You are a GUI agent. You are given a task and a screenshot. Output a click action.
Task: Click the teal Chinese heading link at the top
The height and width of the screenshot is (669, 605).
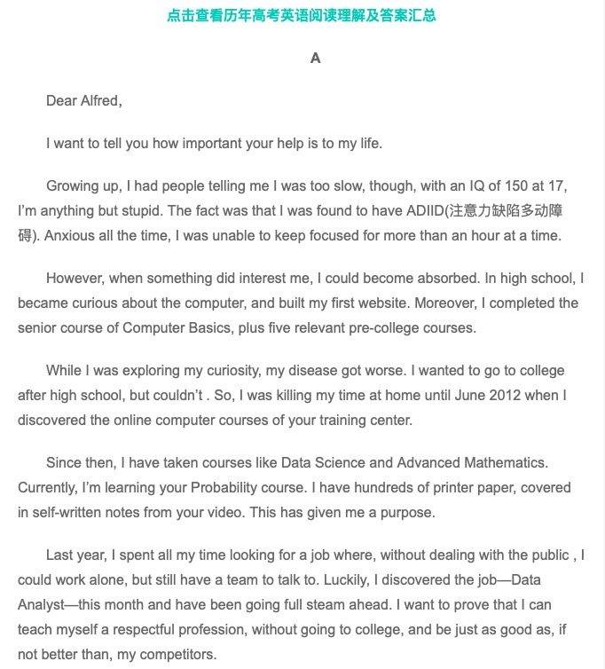(302, 15)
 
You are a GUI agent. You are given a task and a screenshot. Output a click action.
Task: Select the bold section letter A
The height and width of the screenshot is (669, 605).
(315, 59)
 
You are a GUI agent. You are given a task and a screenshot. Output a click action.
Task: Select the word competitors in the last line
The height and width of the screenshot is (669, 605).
(177, 655)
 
